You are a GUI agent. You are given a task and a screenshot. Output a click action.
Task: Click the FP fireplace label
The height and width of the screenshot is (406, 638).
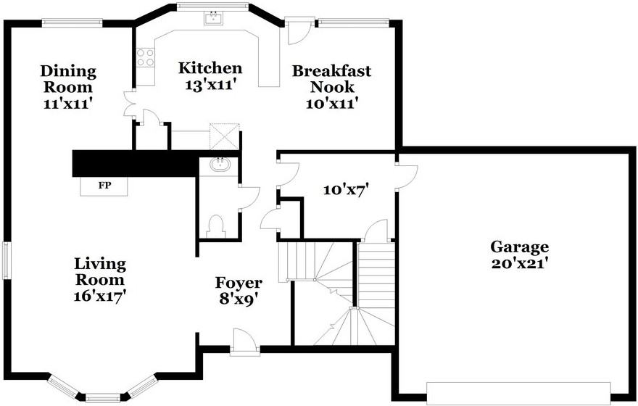click(x=104, y=186)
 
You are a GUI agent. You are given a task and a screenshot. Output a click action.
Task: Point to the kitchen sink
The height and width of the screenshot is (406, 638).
click(x=213, y=19)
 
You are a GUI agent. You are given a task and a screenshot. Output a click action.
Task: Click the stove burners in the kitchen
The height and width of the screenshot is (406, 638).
click(x=145, y=57)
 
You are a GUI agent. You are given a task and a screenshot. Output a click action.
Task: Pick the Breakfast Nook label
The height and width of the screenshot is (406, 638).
click(x=331, y=79)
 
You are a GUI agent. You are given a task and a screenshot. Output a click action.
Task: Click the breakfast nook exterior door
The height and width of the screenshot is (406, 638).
click(x=298, y=30)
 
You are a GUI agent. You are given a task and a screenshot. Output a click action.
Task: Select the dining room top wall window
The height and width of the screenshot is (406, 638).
click(x=71, y=22)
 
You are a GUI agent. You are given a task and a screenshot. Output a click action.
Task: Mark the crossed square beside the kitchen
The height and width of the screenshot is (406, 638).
click(x=225, y=136)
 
